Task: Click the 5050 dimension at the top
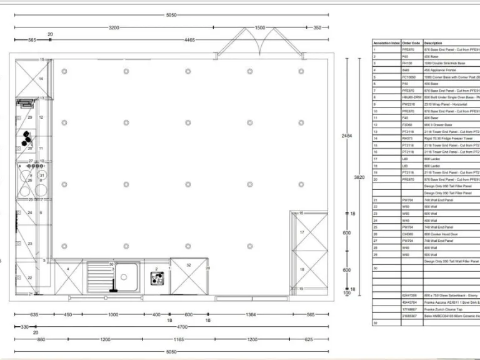coord(171,15)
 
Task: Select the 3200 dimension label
coord(114,27)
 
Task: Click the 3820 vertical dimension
coord(359,177)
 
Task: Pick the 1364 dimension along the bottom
coord(251,314)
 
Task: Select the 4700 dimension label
coord(182,326)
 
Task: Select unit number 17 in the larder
coord(301,232)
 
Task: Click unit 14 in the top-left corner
coord(41,79)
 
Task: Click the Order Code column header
coord(411,43)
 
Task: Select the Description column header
coord(433,43)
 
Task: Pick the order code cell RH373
coord(407,138)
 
